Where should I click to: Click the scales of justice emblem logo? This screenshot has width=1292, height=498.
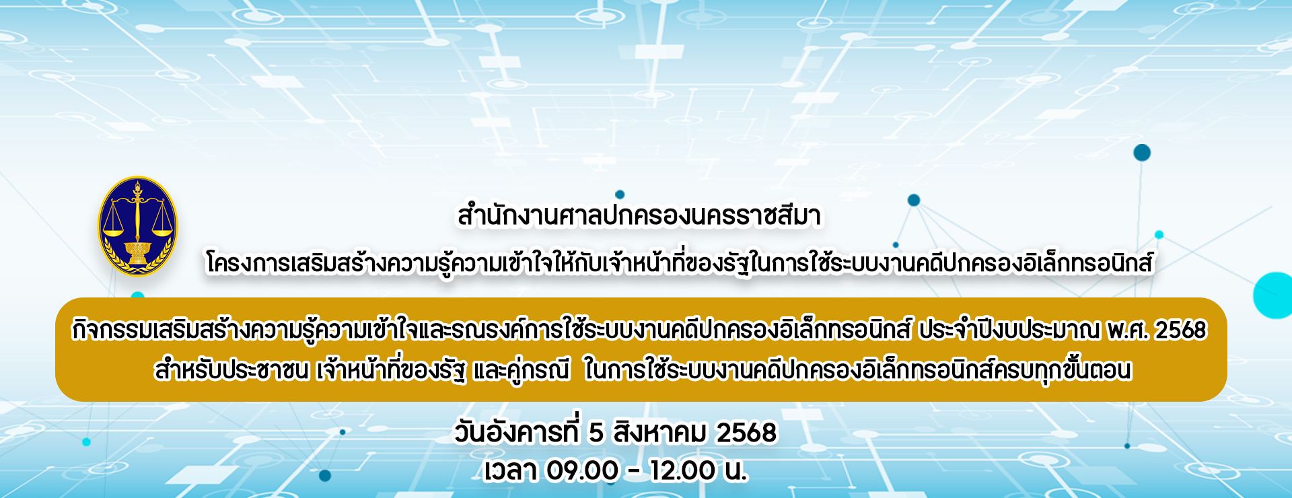(138, 227)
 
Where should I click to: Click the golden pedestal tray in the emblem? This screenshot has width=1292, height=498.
(138, 252)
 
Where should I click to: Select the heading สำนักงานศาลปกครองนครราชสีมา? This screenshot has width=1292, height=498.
(639, 216)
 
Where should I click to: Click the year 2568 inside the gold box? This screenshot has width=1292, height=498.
(1182, 330)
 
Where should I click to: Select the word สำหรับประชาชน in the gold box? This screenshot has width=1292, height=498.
(231, 370)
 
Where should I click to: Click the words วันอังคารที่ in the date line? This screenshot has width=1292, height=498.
(516, 432)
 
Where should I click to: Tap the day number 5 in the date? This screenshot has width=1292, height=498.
(596, 433)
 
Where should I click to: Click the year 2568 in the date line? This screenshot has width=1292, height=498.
(746, 433)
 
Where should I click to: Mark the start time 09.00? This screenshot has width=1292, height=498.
(582, 470)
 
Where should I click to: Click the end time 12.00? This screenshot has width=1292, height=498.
(683, 470)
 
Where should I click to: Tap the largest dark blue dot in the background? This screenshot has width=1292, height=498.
(1142, 153)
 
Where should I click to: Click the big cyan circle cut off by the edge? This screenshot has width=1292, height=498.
(1273, 295)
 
